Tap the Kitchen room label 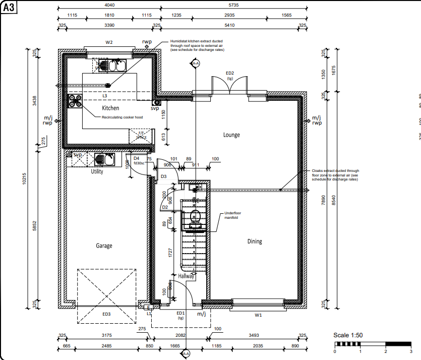click(x=110, y=108)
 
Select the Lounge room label click(x=231, y=135)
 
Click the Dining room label click(x=255, y=241)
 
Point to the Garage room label click(x=104, y=246)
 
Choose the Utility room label click(x=97, y=171)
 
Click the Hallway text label click(x=186, y=276)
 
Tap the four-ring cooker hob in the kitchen click(x=76, y=101)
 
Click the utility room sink click(x=106, y=159)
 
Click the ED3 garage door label click(x=106, y=314)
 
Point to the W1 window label click(x=258, y=315)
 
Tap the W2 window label click(x=109, y=42)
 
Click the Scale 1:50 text click(x=348, y=335)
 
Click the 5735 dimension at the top click(x=233, y=4)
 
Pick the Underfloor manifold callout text click(x=233, y=215)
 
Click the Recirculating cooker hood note click(x=122, y=117)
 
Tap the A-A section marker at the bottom click(x=186, y=354)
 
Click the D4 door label click(x=136, y=158)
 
